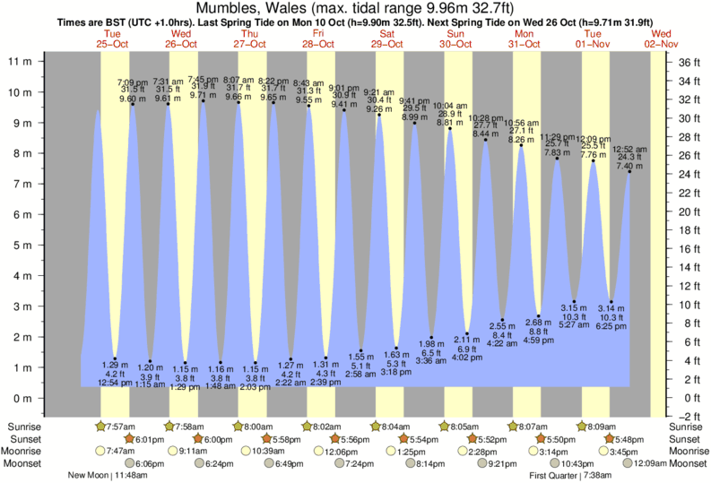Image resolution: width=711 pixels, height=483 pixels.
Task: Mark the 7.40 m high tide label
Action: tap(629, 167)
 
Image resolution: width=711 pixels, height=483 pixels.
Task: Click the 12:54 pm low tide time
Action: tap(115, 384)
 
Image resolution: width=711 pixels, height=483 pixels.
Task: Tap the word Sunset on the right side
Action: tap(687, 439)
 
